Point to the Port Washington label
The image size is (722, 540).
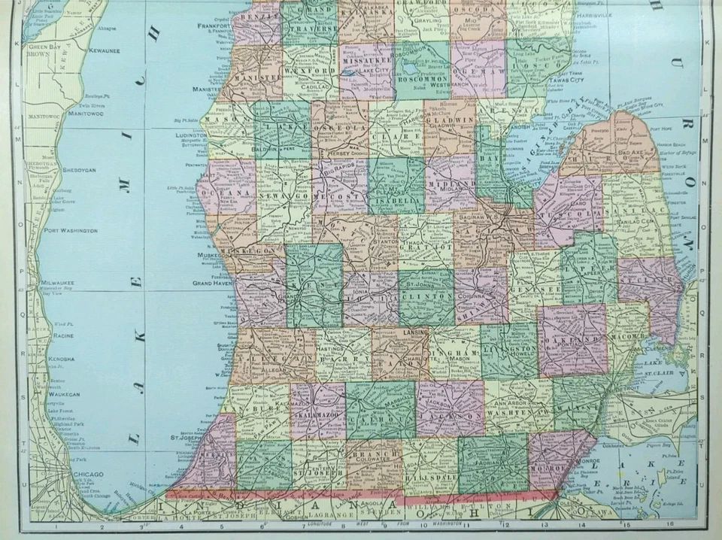[x=71, y=230]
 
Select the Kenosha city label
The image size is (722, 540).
[x=62, y=359]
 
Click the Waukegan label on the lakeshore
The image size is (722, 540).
[x=64, y=393]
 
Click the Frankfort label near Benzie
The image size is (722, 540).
[x=213, y=25]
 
